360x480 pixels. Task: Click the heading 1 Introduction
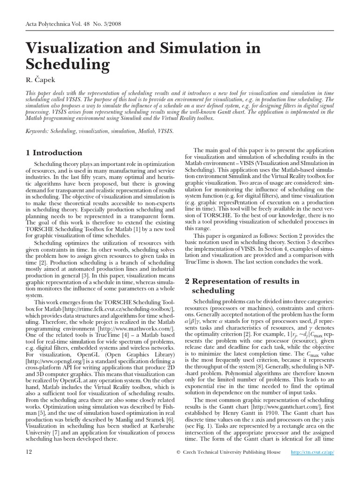54,152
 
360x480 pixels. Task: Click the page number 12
29,452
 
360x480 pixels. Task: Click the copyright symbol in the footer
178,452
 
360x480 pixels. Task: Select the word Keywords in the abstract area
37,132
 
